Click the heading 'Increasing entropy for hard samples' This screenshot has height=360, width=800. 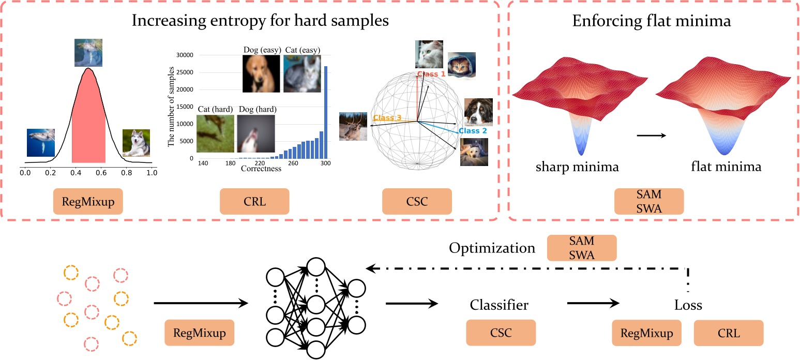click(x=260, y=21)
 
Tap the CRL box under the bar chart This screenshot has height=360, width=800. click(x=254, y=201)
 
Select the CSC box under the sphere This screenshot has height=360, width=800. click(x=417, y=201)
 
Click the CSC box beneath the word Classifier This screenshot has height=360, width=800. click(x=500, y=333)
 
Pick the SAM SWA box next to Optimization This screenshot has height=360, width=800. click(x=582, y=248)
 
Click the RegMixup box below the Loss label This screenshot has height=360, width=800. click(x=646, y=333)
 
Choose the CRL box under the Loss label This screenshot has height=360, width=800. click(x=728, y=333)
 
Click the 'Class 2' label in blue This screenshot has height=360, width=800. click(x=473, y=131)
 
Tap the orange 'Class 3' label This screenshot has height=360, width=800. click(x=387, y=118)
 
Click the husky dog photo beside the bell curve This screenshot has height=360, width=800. click(x=136, y=143)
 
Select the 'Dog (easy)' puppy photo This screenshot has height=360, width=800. click(x=262, y=73)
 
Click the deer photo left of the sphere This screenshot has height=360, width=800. click(x=353, y=127)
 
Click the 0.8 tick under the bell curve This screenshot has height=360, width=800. click(x=125, y=173)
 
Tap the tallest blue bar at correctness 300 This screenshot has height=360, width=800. click(x=326, y=112)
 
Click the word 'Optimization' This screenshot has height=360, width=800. click(x=492, y=248)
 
